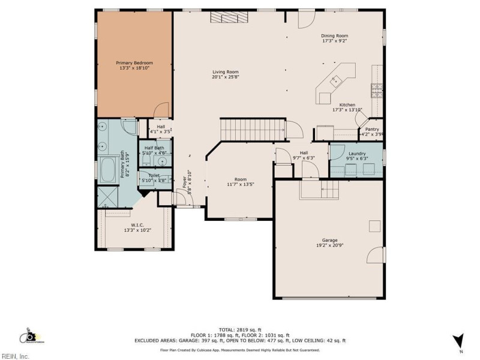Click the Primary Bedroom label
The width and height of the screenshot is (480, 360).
(x=134, y=62)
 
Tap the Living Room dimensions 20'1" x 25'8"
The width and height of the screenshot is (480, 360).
(x=225, y=77)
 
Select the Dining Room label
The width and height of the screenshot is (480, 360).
(x=335, y=36)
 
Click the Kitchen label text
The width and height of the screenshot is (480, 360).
(x=347, y=104)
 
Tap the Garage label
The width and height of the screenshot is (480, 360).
(x=329, y=240)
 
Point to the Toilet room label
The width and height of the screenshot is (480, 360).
(x=154, y=176)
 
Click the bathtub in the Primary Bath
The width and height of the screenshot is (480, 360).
(x=109, y=170)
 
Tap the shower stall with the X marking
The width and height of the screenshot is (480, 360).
(x=109, y=196)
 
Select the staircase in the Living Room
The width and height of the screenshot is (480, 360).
(x=252, y=129)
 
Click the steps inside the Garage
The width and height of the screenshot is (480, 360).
(x=319, y=191)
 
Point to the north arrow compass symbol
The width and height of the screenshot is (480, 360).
(x=458, y=340)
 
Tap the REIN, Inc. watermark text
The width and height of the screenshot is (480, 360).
(x=15, y=356)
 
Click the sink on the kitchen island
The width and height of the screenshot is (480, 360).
(x=337, y=79)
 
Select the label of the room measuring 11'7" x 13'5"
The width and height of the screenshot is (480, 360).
(x=241, y=179)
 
